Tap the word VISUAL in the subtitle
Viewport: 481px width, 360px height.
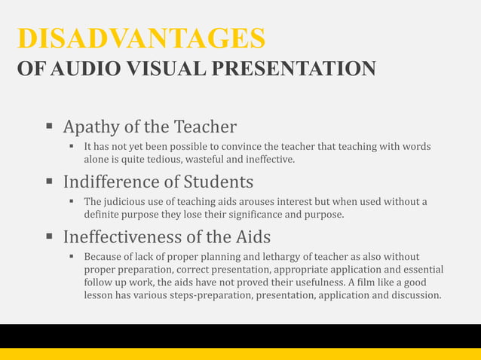point(155,70)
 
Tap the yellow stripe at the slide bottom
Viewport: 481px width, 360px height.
point(240,354)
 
